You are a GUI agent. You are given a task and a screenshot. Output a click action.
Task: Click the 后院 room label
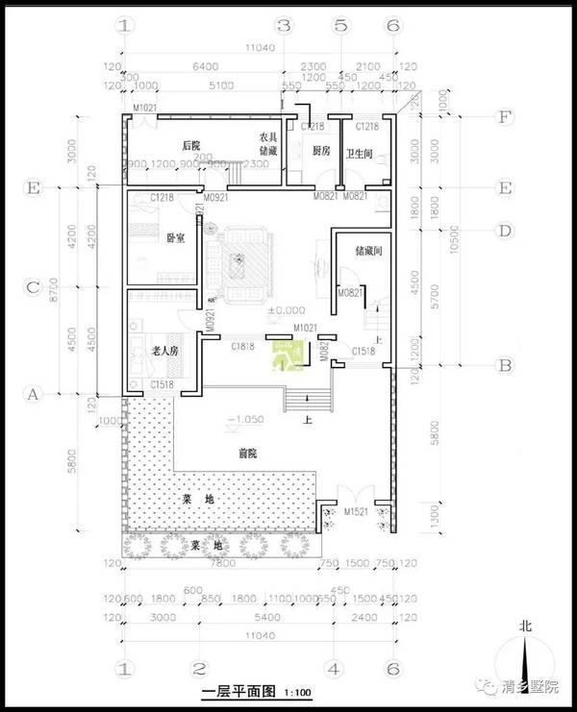coord(190,145)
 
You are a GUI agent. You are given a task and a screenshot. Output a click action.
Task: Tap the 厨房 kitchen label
coord(321,151)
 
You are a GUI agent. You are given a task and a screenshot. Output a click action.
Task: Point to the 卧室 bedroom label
coord(175,237)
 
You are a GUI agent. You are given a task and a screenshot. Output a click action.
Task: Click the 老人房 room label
coord(166,352)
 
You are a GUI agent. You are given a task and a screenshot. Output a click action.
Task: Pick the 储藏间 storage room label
coord(369,252)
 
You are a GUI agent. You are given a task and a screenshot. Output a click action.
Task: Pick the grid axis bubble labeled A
coord(34,394)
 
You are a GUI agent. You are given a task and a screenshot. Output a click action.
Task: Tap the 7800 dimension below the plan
coord(218,562)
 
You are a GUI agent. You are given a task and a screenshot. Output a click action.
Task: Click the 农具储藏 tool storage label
coord(268,144)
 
